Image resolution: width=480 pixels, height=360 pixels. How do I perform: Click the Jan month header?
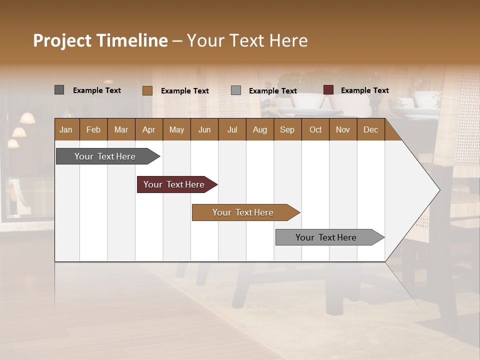pyautogui.click(x=66, y=129)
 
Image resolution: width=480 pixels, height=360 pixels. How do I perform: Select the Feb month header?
pyautogui.click(x=93, y=129)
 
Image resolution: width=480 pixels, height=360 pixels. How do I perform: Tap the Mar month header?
pyautogui.click(x=121, y=129)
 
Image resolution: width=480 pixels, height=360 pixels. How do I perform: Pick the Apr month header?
pyautogui.click(x=149, y=129)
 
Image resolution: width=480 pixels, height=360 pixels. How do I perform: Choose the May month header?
pyautogui.click(x=176, y=129)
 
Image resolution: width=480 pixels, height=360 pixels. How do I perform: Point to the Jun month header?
pyautogui.click(x=204, y=129)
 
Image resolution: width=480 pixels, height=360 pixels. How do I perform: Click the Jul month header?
pyautogui.click(x=232, y=129)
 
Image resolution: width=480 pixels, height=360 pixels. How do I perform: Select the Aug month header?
pyautogui.click(x=260, y=129)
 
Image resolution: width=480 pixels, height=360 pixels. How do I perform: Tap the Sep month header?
pyautogui.click(x=287, y=129)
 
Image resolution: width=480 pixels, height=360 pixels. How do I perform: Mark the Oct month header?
pyautogui.click(x=315, y=129)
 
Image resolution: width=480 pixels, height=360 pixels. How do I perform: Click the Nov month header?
pyautogui.click(x=343, y=129)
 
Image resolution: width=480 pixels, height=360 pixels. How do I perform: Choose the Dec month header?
pyautogui.click(x=371, y=129)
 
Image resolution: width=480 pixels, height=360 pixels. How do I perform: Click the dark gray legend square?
pyautogui.click(x=59, y=90)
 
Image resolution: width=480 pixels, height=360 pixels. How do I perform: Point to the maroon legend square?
pyautogui.click(x=328, y=90)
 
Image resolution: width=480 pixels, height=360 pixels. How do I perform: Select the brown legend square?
pyautogui.click(x=147, y=90)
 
